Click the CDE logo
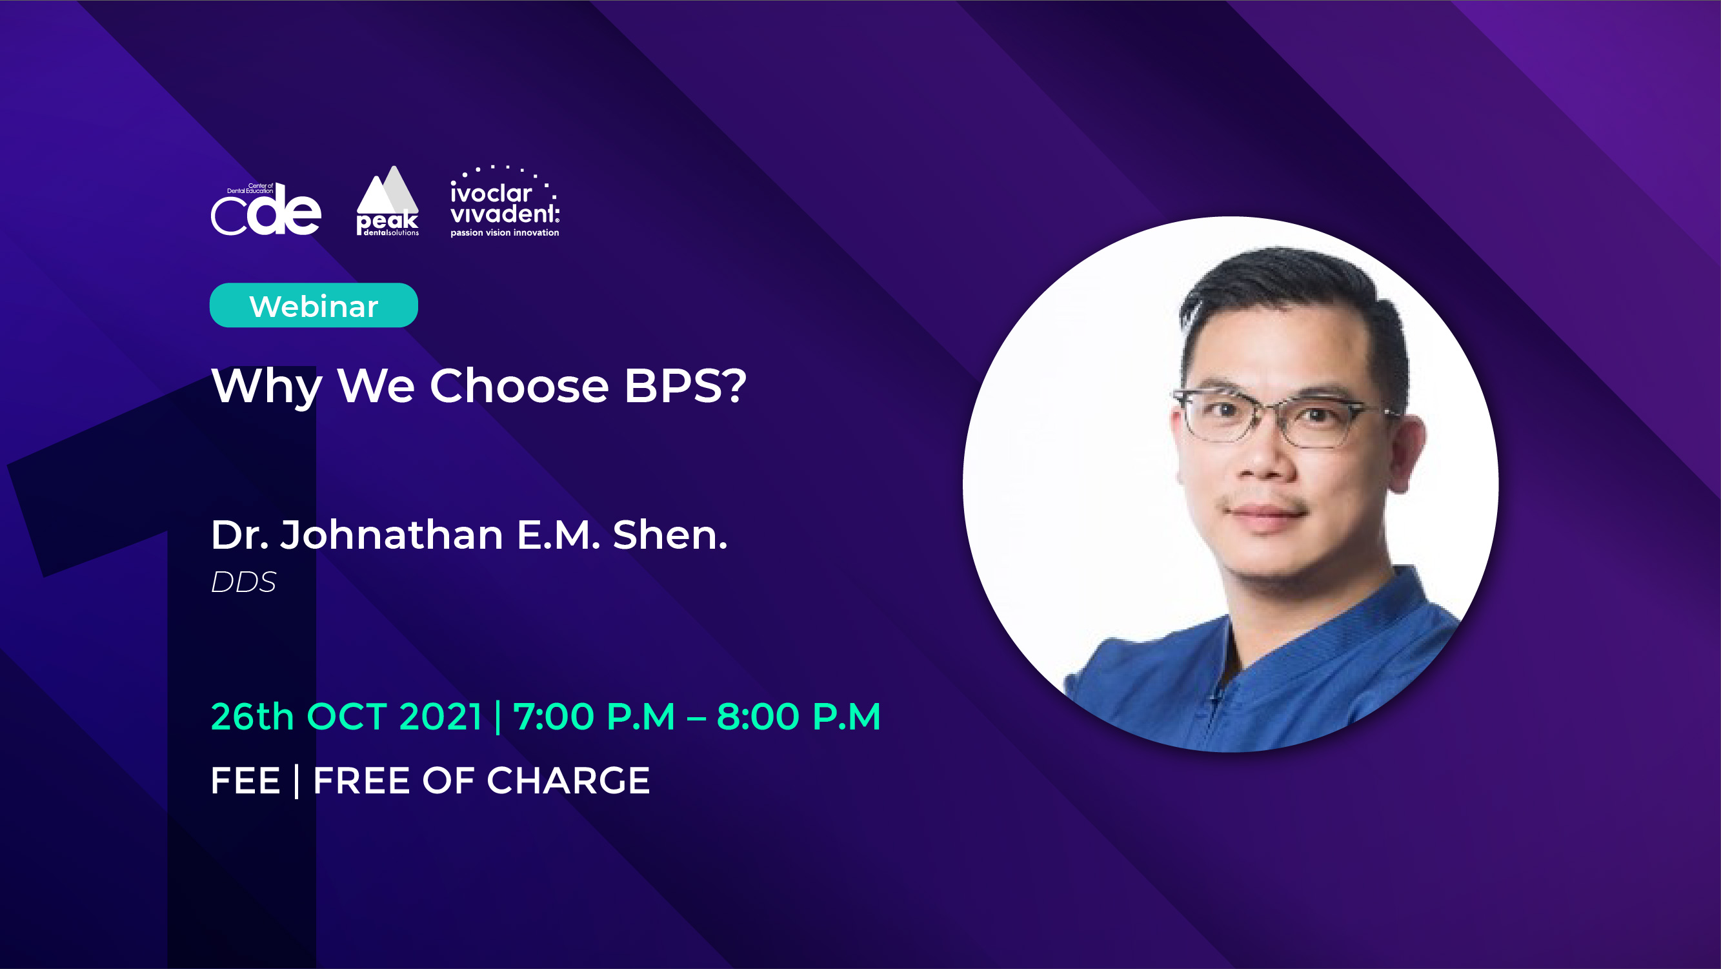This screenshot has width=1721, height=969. [x=266, y=209]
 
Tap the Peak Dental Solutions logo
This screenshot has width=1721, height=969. [x=387, y=201]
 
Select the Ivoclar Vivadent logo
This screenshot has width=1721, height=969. [x=505, y=201]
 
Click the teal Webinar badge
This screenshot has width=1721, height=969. [x=314, y=305]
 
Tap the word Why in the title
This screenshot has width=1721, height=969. [x=267, y=387]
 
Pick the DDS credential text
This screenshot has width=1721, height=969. [x=243, y=582]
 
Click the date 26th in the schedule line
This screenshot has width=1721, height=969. [x=252, y=717]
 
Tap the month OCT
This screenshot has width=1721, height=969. [x=347, y=717]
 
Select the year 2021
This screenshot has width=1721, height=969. [x=440, y=717]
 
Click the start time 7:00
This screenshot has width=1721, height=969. [x=553, y=717]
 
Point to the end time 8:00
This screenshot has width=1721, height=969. [x=758, y=717]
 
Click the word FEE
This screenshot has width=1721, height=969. [x=245, y=780]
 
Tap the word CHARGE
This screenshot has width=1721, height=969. [x=568, y=780]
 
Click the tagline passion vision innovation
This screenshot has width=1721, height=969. [x=505, y=232]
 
